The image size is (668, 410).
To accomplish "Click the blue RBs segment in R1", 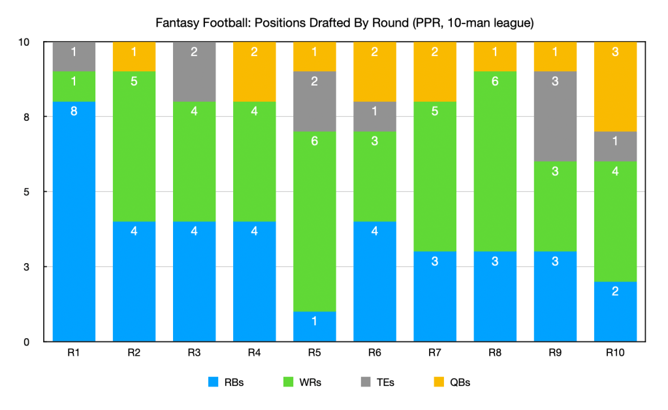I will click(x=74, y=221).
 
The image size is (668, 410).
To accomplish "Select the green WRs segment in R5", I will click(x=315, y=221).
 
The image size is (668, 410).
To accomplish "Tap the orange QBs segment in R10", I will click(x=616, y=86).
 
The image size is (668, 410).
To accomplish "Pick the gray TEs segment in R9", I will click(x=556, y=116).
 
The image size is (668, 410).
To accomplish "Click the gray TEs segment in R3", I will click(x=194, y=71).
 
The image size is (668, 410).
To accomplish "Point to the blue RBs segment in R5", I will click(x=315, y=326).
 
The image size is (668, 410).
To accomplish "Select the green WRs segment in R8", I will click(x=495, y=161).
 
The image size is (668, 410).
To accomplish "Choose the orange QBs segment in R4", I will click(x=255, y=71).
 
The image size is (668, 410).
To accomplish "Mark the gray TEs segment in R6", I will click(x=375, y=116).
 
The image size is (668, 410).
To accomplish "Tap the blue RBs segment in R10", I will click(x=616, y=311).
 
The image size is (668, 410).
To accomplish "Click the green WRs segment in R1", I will click(x=74, y=86).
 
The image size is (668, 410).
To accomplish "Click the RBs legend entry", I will click(x=225, y=383).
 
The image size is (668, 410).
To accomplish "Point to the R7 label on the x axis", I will click(x=435, y=353).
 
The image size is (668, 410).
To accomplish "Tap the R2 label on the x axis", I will click(x=134, y=353).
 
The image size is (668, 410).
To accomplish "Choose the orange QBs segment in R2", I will click(x=134, y=56).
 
